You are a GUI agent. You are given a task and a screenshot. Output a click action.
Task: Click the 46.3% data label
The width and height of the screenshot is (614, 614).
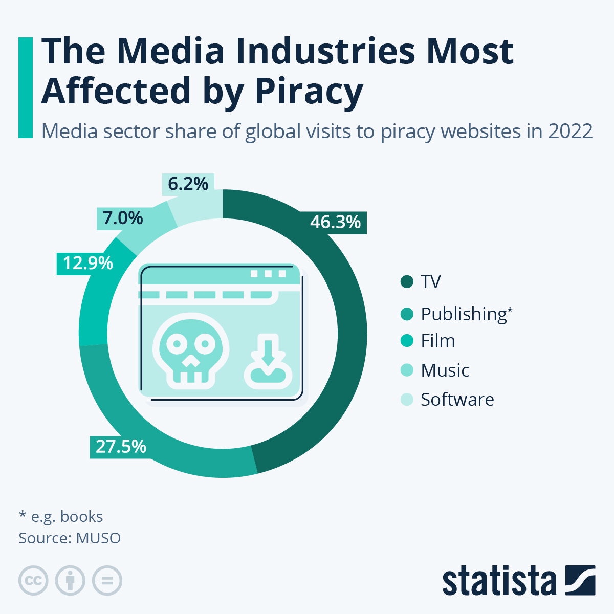pyautogui.click(x=336, y=222)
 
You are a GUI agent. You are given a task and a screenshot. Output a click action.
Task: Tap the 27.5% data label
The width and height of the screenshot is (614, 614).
pyautogui.click(x=121, y=447)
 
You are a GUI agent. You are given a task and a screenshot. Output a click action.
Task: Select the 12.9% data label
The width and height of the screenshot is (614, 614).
pyautogui.click(x=87, y=263)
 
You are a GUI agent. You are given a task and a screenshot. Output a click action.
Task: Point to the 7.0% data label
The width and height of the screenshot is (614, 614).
pyautogui.click(x=123, y=218)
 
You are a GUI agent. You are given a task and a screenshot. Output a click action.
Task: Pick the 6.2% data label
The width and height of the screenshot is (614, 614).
pyautogui.click(x=188, y=184)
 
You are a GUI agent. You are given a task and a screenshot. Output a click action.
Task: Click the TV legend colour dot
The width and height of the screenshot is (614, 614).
pyautogui.click(x=407, y=282)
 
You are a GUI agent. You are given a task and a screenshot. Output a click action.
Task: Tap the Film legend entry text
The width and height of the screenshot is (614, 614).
pyautogui.click(x=437, y=341)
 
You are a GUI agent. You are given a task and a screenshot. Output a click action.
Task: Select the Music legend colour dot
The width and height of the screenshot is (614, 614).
pyautogui.click(x=407, y=370)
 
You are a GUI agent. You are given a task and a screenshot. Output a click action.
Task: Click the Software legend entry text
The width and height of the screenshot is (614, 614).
pyautogui.click(x=457, y=400)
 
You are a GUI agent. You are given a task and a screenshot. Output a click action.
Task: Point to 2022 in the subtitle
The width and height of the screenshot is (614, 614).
pyautogui.click(x=571, y=131)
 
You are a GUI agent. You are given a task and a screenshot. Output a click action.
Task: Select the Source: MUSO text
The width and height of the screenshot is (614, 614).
pyautogui.click(x=70, y=538)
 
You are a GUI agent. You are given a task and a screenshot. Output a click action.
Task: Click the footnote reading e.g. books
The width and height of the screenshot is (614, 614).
pyautogui.click(x=61, y=517)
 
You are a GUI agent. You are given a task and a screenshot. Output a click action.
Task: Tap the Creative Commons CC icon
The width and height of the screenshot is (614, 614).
pyautogui.click(x=33, y=581)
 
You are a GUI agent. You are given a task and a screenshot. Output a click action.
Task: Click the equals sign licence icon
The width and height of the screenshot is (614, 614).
pyautogui.click(x=107, y=581)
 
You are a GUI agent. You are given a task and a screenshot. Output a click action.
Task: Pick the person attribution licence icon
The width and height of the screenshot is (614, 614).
pyautogui.click(x=70, y=581)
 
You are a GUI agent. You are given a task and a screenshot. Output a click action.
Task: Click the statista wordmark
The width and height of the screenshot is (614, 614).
pyautogui.click(x=499, y=582)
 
